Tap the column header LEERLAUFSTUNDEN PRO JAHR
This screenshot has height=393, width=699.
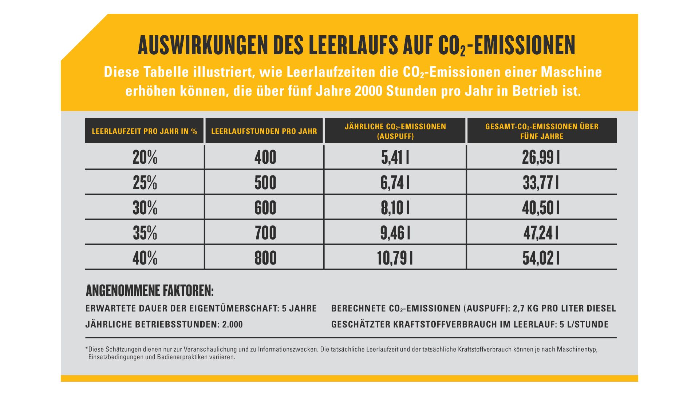[x=264, y=131]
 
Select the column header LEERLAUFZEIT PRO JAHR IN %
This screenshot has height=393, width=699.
[x=145, y=131]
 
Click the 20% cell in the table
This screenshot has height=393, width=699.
[x=145, y=158]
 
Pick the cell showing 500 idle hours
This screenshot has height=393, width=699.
[x=265, y=183]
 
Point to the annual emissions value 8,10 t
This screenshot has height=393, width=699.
[x=395, y=208]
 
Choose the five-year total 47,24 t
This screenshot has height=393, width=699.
[x=541, y=233]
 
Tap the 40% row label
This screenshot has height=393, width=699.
[x=145, y=258]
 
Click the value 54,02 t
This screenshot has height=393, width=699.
[x=541, y=258]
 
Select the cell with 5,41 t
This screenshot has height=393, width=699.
[x=395, y=158]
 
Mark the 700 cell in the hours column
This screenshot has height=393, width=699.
[x=265, y=233]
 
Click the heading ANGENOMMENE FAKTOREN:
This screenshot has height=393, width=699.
[x=150, y=291]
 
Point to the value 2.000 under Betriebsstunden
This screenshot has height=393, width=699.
[x=232, y=325]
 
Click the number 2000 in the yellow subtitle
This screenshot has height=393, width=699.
[x=368, y=91]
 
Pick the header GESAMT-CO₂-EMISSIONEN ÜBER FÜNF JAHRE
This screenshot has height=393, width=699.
[x=542, y=131]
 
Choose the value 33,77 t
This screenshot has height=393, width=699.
[x=541, y=183]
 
